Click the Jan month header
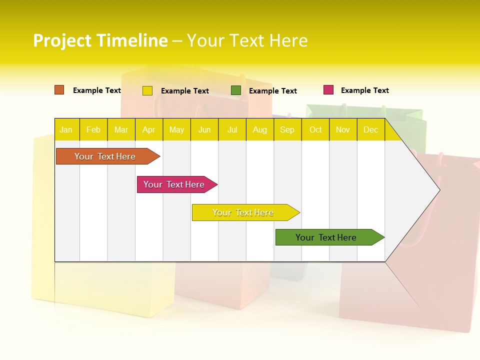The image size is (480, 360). (x=66, y=129)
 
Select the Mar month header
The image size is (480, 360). (x=121, y=129)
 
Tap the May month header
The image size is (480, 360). (x=176, y=129)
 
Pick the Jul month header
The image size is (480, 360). (x=232, y=129)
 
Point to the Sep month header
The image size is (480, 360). (x=287, y=129)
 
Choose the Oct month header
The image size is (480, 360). (x=315, y=129)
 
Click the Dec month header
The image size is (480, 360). (x=370, y=129)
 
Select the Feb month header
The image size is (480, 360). (x=93, y=129)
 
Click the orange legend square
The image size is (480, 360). (x=59, y=90)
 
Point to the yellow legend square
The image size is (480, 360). (x=147, y=90)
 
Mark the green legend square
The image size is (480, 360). (x=236, y=90)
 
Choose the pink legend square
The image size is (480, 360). (x=328, y=90)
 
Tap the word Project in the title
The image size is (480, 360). (x=62, y=40)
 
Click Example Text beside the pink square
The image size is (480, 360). (x=364, y=90)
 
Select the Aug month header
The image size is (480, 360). (x=259, y=129)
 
